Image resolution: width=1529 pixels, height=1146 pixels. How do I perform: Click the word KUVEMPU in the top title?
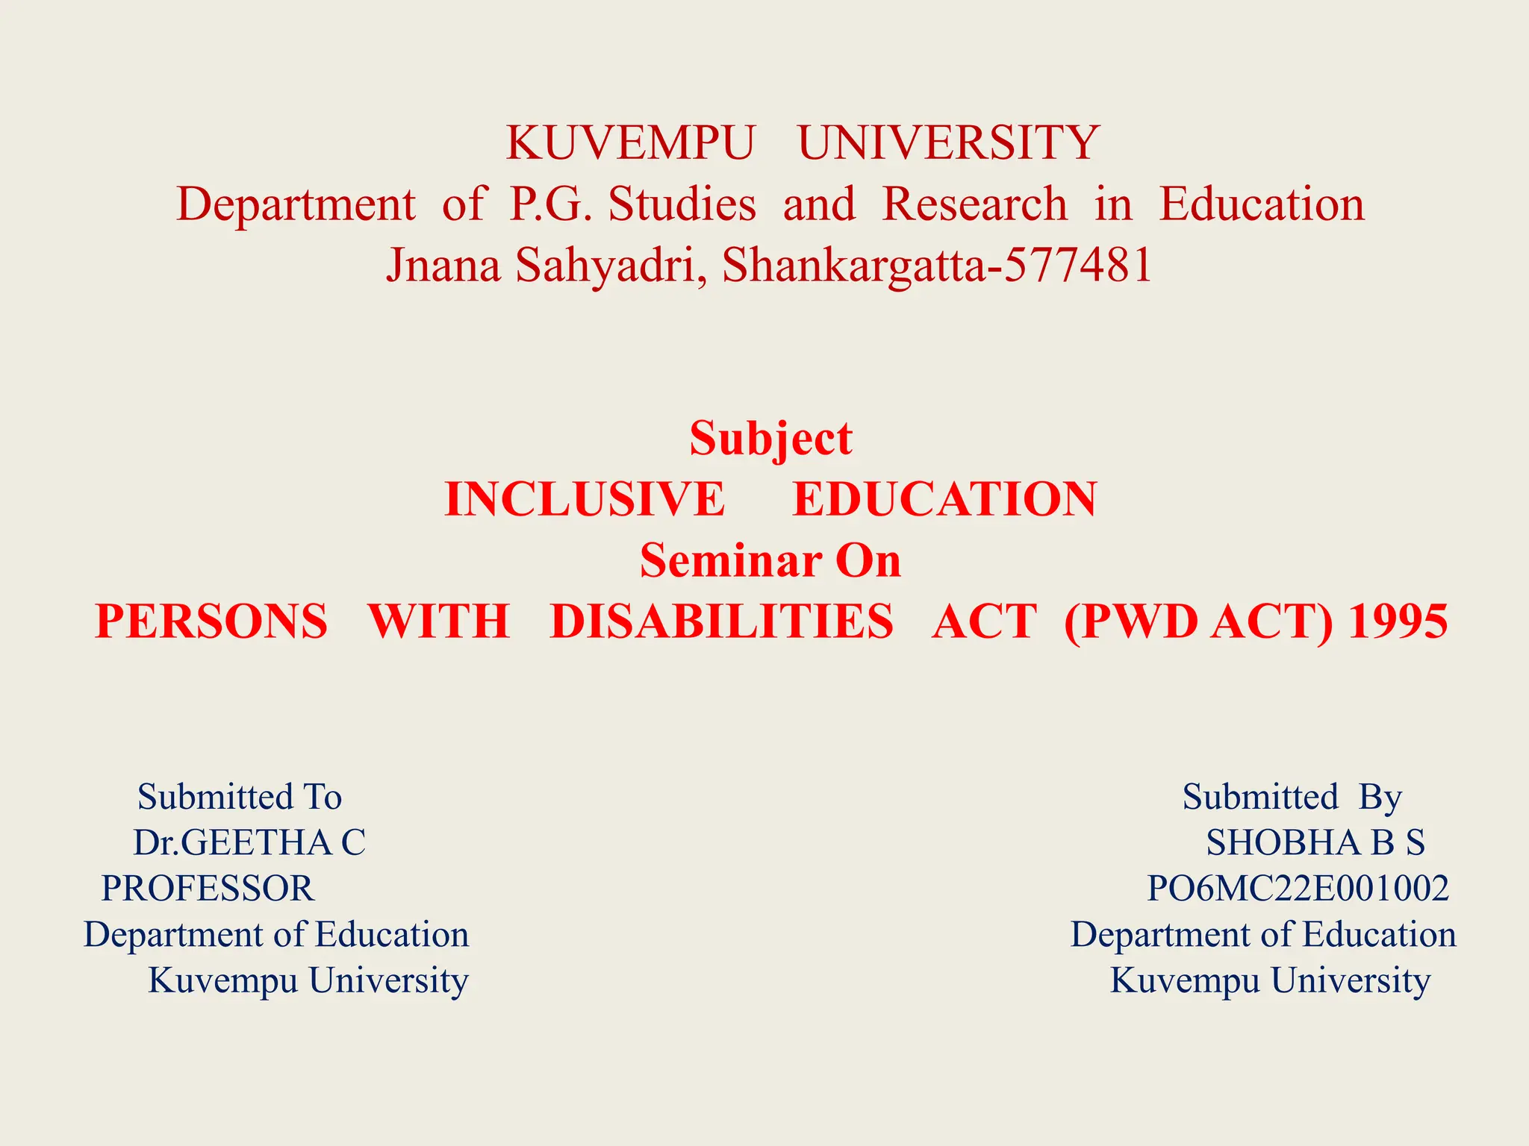[629, 143]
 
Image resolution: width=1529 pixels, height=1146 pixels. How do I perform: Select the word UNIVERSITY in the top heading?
[948, 143]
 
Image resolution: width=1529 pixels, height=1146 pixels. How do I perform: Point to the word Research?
[974, 204]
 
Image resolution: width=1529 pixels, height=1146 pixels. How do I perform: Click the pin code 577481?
[1078, 265]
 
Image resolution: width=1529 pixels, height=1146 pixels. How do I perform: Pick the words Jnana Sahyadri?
[541, 266]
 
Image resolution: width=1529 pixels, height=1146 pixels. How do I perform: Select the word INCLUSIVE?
[584, 499]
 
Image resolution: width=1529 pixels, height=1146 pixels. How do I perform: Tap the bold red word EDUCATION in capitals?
[944, 499]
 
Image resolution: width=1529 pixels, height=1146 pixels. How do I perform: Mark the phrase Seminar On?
[770, 560]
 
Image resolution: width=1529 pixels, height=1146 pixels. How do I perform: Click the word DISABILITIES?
[721, 621]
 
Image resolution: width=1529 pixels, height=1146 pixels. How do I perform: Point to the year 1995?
[1398, 621]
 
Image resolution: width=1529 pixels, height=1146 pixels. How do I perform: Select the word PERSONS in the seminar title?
[211, 621]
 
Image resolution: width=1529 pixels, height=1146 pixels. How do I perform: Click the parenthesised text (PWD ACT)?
[1198, 622]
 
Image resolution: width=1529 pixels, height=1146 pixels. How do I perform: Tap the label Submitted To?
[240, 797]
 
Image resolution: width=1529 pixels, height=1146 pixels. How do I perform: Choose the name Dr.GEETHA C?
[249, 842]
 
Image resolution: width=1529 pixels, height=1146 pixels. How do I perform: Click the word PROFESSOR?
[208, 889]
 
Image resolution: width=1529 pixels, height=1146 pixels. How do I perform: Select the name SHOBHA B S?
[1315, 842]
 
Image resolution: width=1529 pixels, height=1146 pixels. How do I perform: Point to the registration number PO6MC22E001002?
[1298, 889]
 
